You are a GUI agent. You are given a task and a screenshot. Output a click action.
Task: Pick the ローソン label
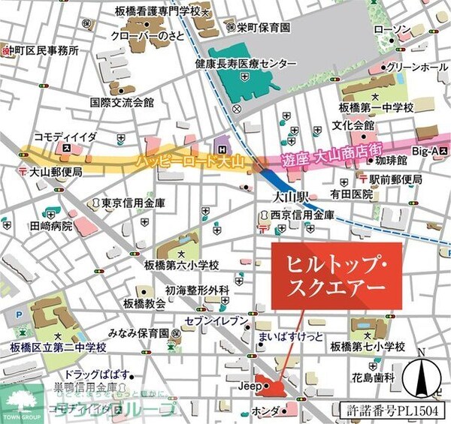tap(392, 30)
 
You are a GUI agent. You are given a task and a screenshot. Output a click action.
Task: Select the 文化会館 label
tap(353, 125)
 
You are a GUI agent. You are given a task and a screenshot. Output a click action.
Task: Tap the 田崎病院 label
tap(51, 225)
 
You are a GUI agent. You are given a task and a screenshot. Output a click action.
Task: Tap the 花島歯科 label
tap(379, 379)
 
